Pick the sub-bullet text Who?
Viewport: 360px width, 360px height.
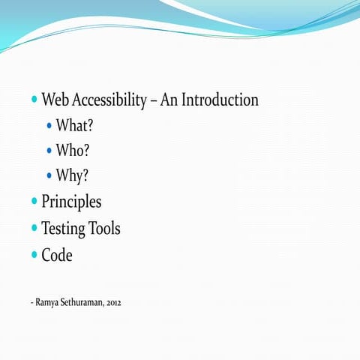click(x=73, y=151)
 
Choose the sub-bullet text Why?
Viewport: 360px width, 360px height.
click(x=73, y=176)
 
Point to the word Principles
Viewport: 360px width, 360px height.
click(x=71, y=202)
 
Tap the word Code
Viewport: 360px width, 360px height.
click(x=57, y=255)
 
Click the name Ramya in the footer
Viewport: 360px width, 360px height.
click(x=46, y=303)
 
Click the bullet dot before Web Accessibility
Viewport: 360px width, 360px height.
click(x=34, y=100)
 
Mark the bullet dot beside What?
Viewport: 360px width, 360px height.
click(x=50, y=125)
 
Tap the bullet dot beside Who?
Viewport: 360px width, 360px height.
click(x=50, y=151)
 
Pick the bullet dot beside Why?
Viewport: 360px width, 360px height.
click(x=50, y=176)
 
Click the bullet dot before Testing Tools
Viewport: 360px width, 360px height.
click(x=34, y=228)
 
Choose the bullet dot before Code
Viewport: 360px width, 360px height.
click(x=34, y=255)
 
